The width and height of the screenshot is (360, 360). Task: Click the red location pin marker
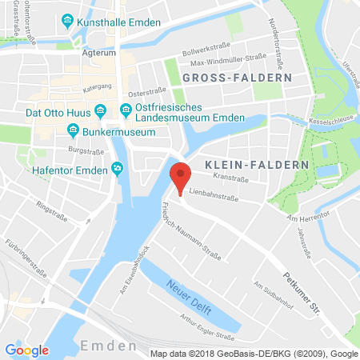click(x=181, y=175)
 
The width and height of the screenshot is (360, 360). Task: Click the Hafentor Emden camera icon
click(x=118, y=167)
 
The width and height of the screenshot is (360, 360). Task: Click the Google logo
click(x=26, y=350)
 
